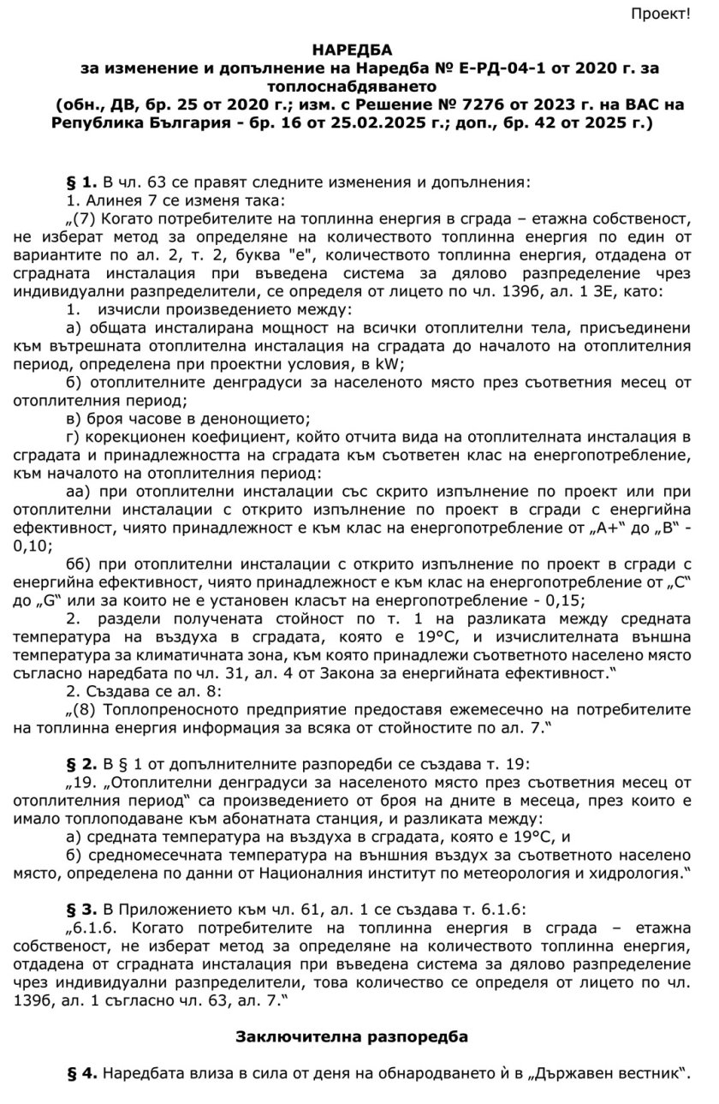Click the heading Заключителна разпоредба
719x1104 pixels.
[x=352, y=1035]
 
